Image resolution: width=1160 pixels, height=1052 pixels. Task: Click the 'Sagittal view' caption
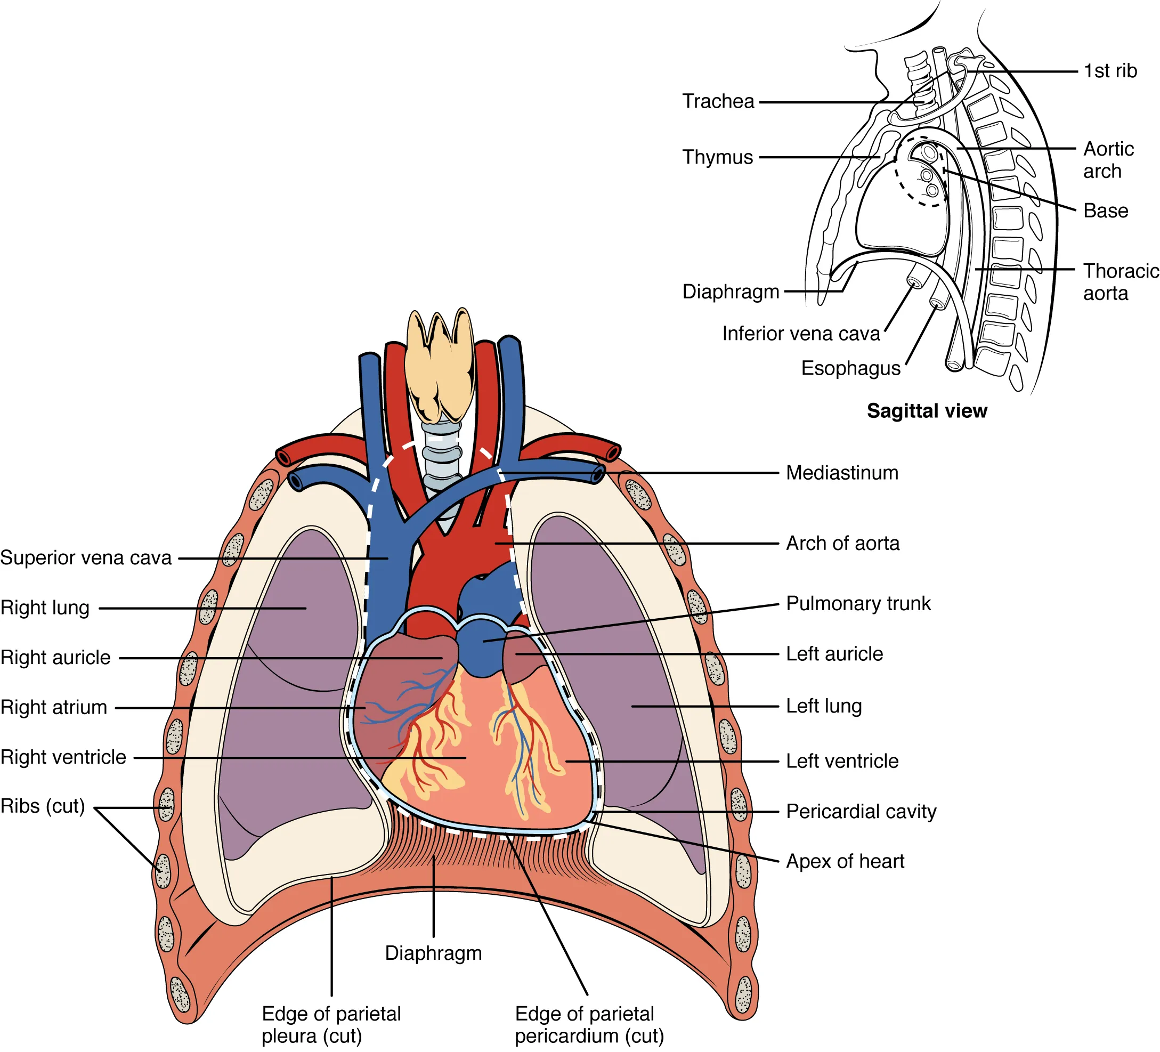(927, 411)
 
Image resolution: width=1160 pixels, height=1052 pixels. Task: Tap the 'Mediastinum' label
(842, 473)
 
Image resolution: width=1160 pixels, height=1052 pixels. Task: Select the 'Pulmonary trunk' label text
(858, 603)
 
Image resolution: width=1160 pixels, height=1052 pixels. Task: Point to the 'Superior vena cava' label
(86, 557)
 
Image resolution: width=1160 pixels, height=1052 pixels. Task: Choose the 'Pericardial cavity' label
(861, 812)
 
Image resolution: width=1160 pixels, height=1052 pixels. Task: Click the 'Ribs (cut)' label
(43, 806)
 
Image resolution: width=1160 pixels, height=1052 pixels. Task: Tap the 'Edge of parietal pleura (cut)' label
(331, 1024)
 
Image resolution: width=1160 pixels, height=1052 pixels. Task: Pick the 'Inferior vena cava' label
(801, 333)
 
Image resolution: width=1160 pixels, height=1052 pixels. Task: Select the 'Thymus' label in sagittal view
(718, 157)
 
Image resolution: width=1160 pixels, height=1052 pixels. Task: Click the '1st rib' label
(1110, 71)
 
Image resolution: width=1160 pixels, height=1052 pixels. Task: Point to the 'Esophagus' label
(850, 368)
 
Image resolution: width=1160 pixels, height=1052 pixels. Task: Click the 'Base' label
(1105, 211)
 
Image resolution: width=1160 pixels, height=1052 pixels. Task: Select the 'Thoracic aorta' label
(1120, 282)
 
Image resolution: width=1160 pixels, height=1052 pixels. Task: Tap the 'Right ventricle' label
(63, 757)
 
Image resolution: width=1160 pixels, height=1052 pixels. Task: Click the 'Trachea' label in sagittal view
(718, 101)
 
